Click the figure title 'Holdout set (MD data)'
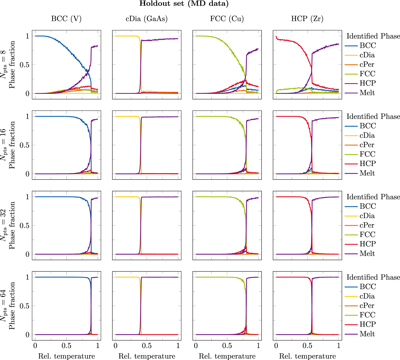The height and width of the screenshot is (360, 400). coord(184,4)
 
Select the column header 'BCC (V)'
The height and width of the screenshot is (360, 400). coord(66,19)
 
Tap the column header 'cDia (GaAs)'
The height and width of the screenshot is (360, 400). coord(147,19)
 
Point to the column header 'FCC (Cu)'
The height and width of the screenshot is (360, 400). coord(227,19)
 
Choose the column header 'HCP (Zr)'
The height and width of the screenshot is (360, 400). coord(307,19)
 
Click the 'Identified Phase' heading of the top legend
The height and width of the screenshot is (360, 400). coord(373,36)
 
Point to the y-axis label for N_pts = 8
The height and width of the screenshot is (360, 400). coord(8,65)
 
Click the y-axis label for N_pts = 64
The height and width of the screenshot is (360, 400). coord(8,306)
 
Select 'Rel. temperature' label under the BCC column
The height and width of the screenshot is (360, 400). coord(66,356)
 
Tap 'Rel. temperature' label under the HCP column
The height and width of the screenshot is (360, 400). coord(307,356)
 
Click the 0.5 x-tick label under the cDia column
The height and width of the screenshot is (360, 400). coord(147,346)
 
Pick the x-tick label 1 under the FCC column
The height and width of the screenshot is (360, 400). coord(258,346)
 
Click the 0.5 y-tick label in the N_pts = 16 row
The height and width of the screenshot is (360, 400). coord(24,145)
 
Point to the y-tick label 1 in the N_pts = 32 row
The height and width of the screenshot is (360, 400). coord(27,197)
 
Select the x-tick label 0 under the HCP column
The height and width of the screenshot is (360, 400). coord(276,346)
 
